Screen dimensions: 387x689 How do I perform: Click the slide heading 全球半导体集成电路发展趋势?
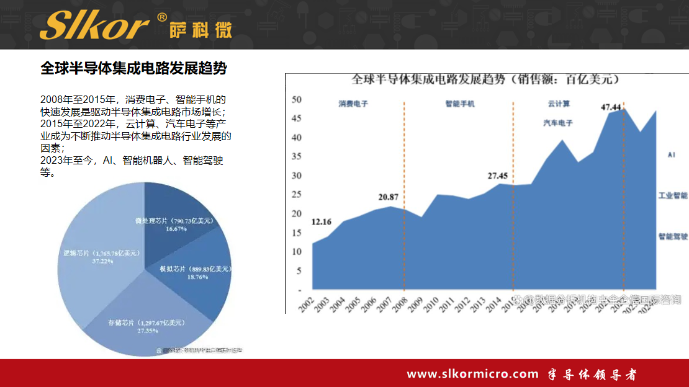(133, 68)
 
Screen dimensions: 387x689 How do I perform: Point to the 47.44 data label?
(611, 107)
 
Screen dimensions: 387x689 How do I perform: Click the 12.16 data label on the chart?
(322, 222)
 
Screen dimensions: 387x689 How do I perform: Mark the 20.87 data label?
(389, 197)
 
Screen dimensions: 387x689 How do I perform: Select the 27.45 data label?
(498, 176)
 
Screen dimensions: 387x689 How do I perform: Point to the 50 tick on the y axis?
(297, 99)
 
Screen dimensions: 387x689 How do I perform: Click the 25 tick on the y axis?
(297, 195)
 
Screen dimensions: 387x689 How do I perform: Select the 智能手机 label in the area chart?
(460, 104)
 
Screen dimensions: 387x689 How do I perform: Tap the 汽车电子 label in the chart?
(558, 123)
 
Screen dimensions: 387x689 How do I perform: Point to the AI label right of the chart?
(671, 154)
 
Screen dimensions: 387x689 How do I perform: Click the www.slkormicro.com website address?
(472, 374)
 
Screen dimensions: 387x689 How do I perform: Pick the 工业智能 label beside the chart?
(673, 195)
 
